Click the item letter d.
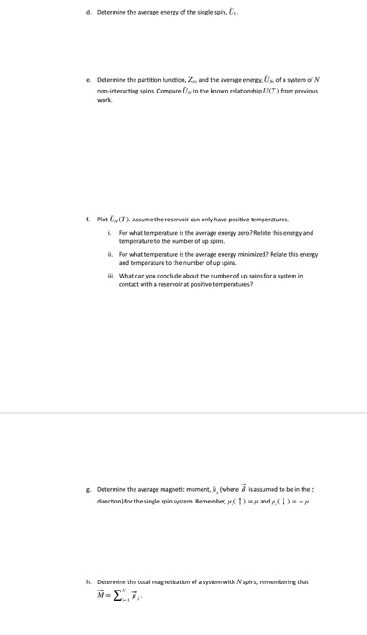pos(88,13)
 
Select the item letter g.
pos(88,489)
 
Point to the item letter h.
pos(88,581)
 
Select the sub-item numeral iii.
pos(110,275)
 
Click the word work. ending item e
pos(104,101)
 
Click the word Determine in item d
pos(113,13)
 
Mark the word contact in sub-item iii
pos(129,284)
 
